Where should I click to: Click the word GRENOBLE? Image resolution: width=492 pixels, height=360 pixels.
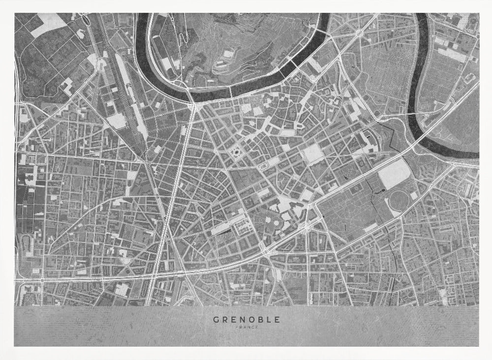click(246, 319)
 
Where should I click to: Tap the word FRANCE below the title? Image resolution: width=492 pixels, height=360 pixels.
click(246, 327)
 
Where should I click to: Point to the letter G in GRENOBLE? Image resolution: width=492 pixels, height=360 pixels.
click(216, 319)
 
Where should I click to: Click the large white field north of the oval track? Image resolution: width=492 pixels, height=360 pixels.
click(395, 174)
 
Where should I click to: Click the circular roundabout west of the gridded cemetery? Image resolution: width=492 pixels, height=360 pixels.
click(359, 33)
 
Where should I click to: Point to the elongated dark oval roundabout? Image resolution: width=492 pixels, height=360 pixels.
click(265, 166)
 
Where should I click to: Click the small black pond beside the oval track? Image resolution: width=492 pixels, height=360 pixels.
click(382, 189)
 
